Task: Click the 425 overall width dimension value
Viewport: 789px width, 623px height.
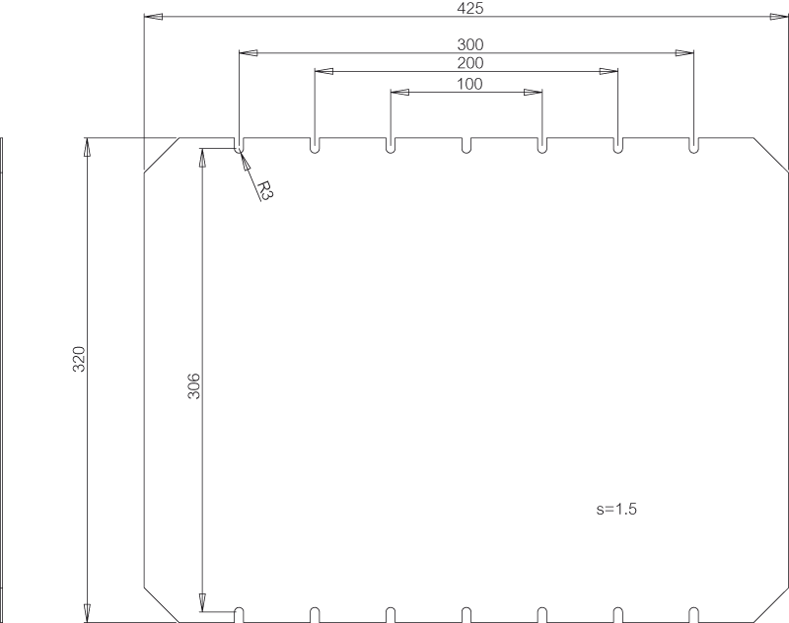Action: (x=470, y=8)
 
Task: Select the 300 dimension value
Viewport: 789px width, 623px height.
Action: (x=470, y=44)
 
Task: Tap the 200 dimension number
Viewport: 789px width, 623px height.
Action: (x=470, y=63)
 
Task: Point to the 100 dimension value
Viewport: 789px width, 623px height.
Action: (x=470, y=84)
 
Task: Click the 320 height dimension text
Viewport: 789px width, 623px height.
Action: (x=80, y=359)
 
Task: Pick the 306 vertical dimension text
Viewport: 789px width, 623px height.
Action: (x=193, y=386)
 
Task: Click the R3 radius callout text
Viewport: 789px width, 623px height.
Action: (x=264, y=191)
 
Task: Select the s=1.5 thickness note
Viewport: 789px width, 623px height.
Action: (x=616, y=509)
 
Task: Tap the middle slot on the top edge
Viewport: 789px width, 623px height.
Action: (x=466, y=145)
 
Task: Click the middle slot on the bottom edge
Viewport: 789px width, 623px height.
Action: (x=466, y=614)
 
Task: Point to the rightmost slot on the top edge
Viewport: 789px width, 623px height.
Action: (x=693, y=145)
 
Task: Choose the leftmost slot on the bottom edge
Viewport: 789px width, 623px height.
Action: (x=239, y=614)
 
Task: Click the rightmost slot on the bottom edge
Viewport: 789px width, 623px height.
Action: (x=693, y=614)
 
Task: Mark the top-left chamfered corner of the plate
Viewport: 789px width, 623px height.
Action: (x=162, y=155)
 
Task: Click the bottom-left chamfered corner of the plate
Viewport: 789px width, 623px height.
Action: (x=162, y=604)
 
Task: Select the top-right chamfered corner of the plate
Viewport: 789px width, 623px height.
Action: (x=771, y=155)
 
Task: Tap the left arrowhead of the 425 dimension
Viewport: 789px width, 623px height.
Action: (x=154, y=17)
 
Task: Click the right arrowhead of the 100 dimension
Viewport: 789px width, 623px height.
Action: (x=534, y=92)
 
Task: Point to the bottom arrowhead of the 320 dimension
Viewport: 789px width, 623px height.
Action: (x=87, y=613)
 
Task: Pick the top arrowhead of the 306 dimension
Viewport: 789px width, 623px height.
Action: (x=202, y=158)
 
